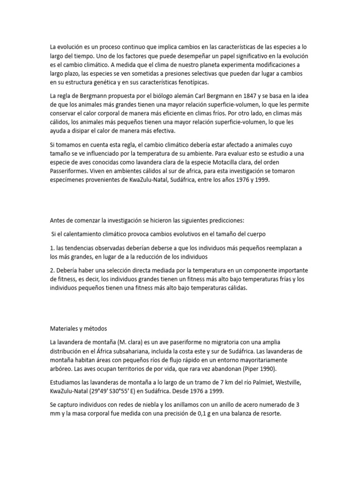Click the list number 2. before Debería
coord(52,271)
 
